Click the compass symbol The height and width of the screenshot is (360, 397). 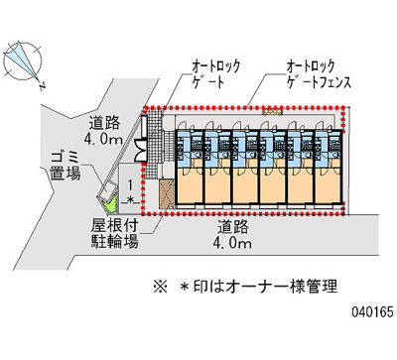tap(22, 61)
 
